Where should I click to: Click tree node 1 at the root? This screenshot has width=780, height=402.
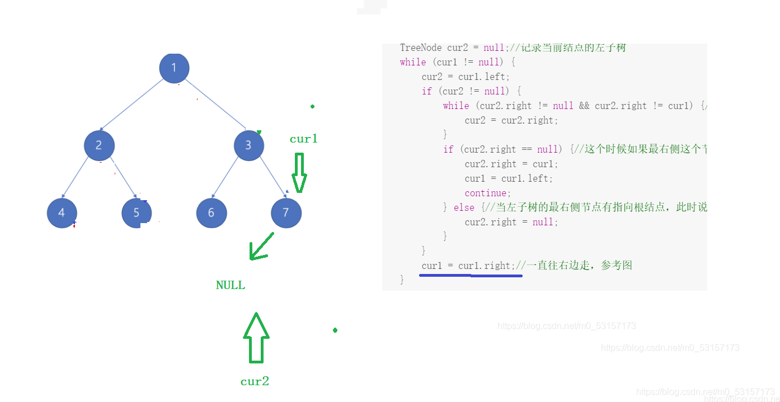point(174,68)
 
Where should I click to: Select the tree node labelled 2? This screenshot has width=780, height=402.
point(99,145)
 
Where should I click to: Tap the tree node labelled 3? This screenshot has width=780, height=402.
point(248,145)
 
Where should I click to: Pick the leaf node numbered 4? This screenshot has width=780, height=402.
point(62,213)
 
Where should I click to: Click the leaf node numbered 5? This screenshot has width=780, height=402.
point(137,213)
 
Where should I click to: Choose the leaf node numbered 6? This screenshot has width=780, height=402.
point(212,213)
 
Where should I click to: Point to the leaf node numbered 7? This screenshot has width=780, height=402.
point(286,213)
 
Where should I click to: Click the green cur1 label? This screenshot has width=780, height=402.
point(303,139)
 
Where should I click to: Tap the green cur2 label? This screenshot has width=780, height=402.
point(255,381)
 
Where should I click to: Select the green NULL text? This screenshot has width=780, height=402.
point(231,285)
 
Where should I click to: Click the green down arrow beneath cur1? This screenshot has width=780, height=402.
point(299,173)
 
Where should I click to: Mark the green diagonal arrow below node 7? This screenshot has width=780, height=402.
point(261,247)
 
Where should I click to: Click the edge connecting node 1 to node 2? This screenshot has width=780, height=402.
point(132,106)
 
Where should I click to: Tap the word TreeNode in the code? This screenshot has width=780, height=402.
point(421,48)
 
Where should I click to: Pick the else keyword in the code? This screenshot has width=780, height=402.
point(464,207)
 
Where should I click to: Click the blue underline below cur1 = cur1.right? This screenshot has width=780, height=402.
point(471,275)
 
